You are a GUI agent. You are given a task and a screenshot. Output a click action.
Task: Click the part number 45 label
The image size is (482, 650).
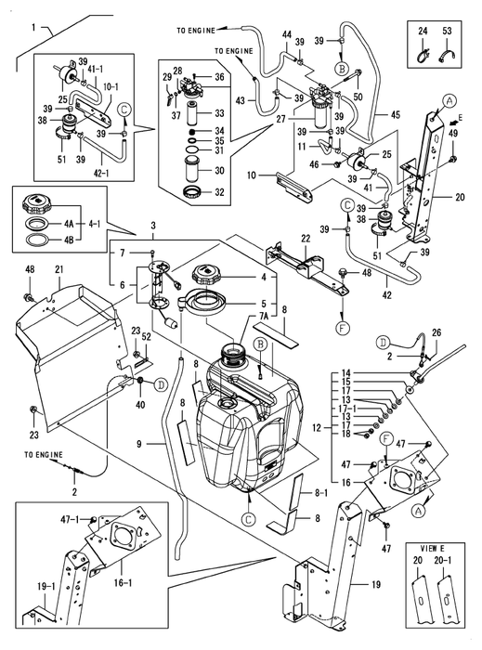(395, 114)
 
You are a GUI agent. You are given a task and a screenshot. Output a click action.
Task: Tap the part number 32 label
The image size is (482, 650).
(219, 192)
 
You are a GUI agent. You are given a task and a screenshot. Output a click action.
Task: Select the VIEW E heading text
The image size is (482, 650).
(429, 549)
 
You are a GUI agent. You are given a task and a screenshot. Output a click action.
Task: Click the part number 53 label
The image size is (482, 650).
(447, 31)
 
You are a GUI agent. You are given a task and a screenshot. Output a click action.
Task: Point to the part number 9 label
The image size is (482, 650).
(138, 444)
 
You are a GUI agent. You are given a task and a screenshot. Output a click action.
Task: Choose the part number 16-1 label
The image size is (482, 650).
(124, 582)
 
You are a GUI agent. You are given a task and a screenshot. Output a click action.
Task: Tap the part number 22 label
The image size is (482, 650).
(306, 239)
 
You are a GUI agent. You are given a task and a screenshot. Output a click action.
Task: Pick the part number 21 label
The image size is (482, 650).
(59, 269)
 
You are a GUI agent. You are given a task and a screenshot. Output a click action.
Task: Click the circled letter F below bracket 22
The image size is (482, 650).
(344, 329)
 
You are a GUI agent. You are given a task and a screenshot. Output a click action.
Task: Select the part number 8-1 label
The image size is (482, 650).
(321, 493)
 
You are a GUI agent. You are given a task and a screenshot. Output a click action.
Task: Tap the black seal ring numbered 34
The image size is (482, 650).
(192, 131)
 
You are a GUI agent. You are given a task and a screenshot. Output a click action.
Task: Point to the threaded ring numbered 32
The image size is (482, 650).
(192, 192)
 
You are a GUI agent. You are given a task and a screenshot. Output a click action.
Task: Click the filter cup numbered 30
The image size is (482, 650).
(192, 169)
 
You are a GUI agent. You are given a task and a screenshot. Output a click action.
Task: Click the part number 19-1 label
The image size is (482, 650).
(46, 587)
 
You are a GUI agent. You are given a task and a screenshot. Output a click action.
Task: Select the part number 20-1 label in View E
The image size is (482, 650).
(445, 561)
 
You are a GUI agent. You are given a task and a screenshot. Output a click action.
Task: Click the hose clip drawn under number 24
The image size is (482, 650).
(423, 55)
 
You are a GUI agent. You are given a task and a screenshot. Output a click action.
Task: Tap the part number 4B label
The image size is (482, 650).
(69, 240)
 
